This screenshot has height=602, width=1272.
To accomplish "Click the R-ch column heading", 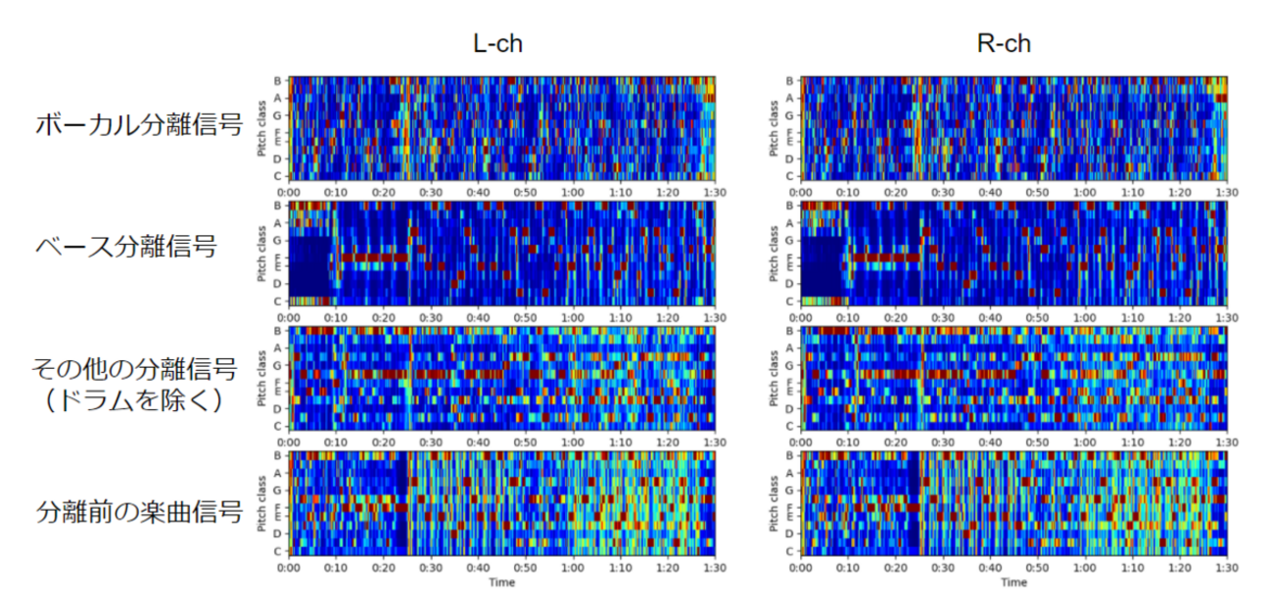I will (1005, 44).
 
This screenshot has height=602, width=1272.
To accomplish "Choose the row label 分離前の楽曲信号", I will (139, 510).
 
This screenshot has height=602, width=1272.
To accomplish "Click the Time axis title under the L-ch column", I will (501, 582).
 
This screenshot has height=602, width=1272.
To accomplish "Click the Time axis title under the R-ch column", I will (1013, 582).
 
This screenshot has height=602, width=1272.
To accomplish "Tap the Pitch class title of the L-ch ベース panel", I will (262, 254).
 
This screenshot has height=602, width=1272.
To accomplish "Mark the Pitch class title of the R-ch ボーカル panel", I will (775, 129).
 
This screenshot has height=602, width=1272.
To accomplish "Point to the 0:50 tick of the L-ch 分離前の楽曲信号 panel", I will (526, 567).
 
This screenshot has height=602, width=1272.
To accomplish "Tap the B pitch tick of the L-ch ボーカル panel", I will (279, 81).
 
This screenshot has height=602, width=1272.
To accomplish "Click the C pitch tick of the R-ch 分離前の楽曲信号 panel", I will (791, 550).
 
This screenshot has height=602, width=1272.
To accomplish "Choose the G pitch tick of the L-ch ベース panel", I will (279, 241).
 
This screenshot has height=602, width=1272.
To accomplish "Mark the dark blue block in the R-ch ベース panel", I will (821, 264).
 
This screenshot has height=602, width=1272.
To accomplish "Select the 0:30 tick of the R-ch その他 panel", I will (943, 441).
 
